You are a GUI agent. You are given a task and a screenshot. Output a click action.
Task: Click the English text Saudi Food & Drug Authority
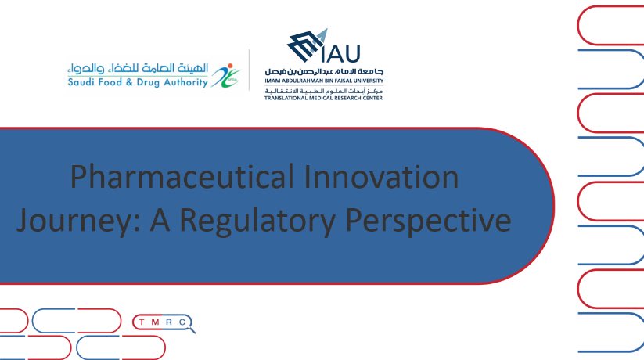[137, 82]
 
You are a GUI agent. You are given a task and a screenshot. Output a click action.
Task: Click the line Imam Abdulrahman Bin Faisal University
[324, 80]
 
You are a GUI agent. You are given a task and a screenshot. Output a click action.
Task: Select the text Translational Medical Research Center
[323, 99]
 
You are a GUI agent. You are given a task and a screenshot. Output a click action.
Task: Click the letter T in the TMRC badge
[142, 322]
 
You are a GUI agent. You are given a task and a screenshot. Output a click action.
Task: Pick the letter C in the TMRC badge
[181, 322]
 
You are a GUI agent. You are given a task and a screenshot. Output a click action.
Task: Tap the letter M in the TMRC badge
[155, 322]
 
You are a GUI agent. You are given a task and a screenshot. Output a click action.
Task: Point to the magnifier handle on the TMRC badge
[192, 329]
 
